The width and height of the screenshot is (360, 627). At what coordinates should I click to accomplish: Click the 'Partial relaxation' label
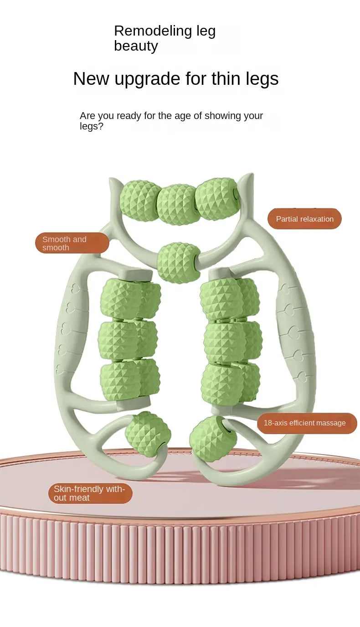(x=304, y=219)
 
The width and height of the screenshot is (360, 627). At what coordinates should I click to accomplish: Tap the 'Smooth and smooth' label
(x=72, y=243)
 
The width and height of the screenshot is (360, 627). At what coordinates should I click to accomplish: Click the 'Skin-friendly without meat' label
(x=90, y=493)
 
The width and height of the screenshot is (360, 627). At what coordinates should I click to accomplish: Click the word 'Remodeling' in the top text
(x=146, y=31)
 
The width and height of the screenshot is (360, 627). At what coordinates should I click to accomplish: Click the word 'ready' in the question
(x=129, y=116)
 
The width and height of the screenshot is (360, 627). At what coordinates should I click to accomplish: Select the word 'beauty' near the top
(x=136, y=46)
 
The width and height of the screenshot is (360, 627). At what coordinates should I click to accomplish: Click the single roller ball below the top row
(x=179, y=263)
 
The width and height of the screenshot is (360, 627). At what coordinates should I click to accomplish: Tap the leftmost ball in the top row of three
(x=140, y=201)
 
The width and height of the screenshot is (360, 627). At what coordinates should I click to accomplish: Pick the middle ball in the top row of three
(x=178, y=204)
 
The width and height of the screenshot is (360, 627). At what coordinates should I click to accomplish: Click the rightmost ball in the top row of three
(x=216, y=199)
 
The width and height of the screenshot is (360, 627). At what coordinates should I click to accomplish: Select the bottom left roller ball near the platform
(x=148, y=434)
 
